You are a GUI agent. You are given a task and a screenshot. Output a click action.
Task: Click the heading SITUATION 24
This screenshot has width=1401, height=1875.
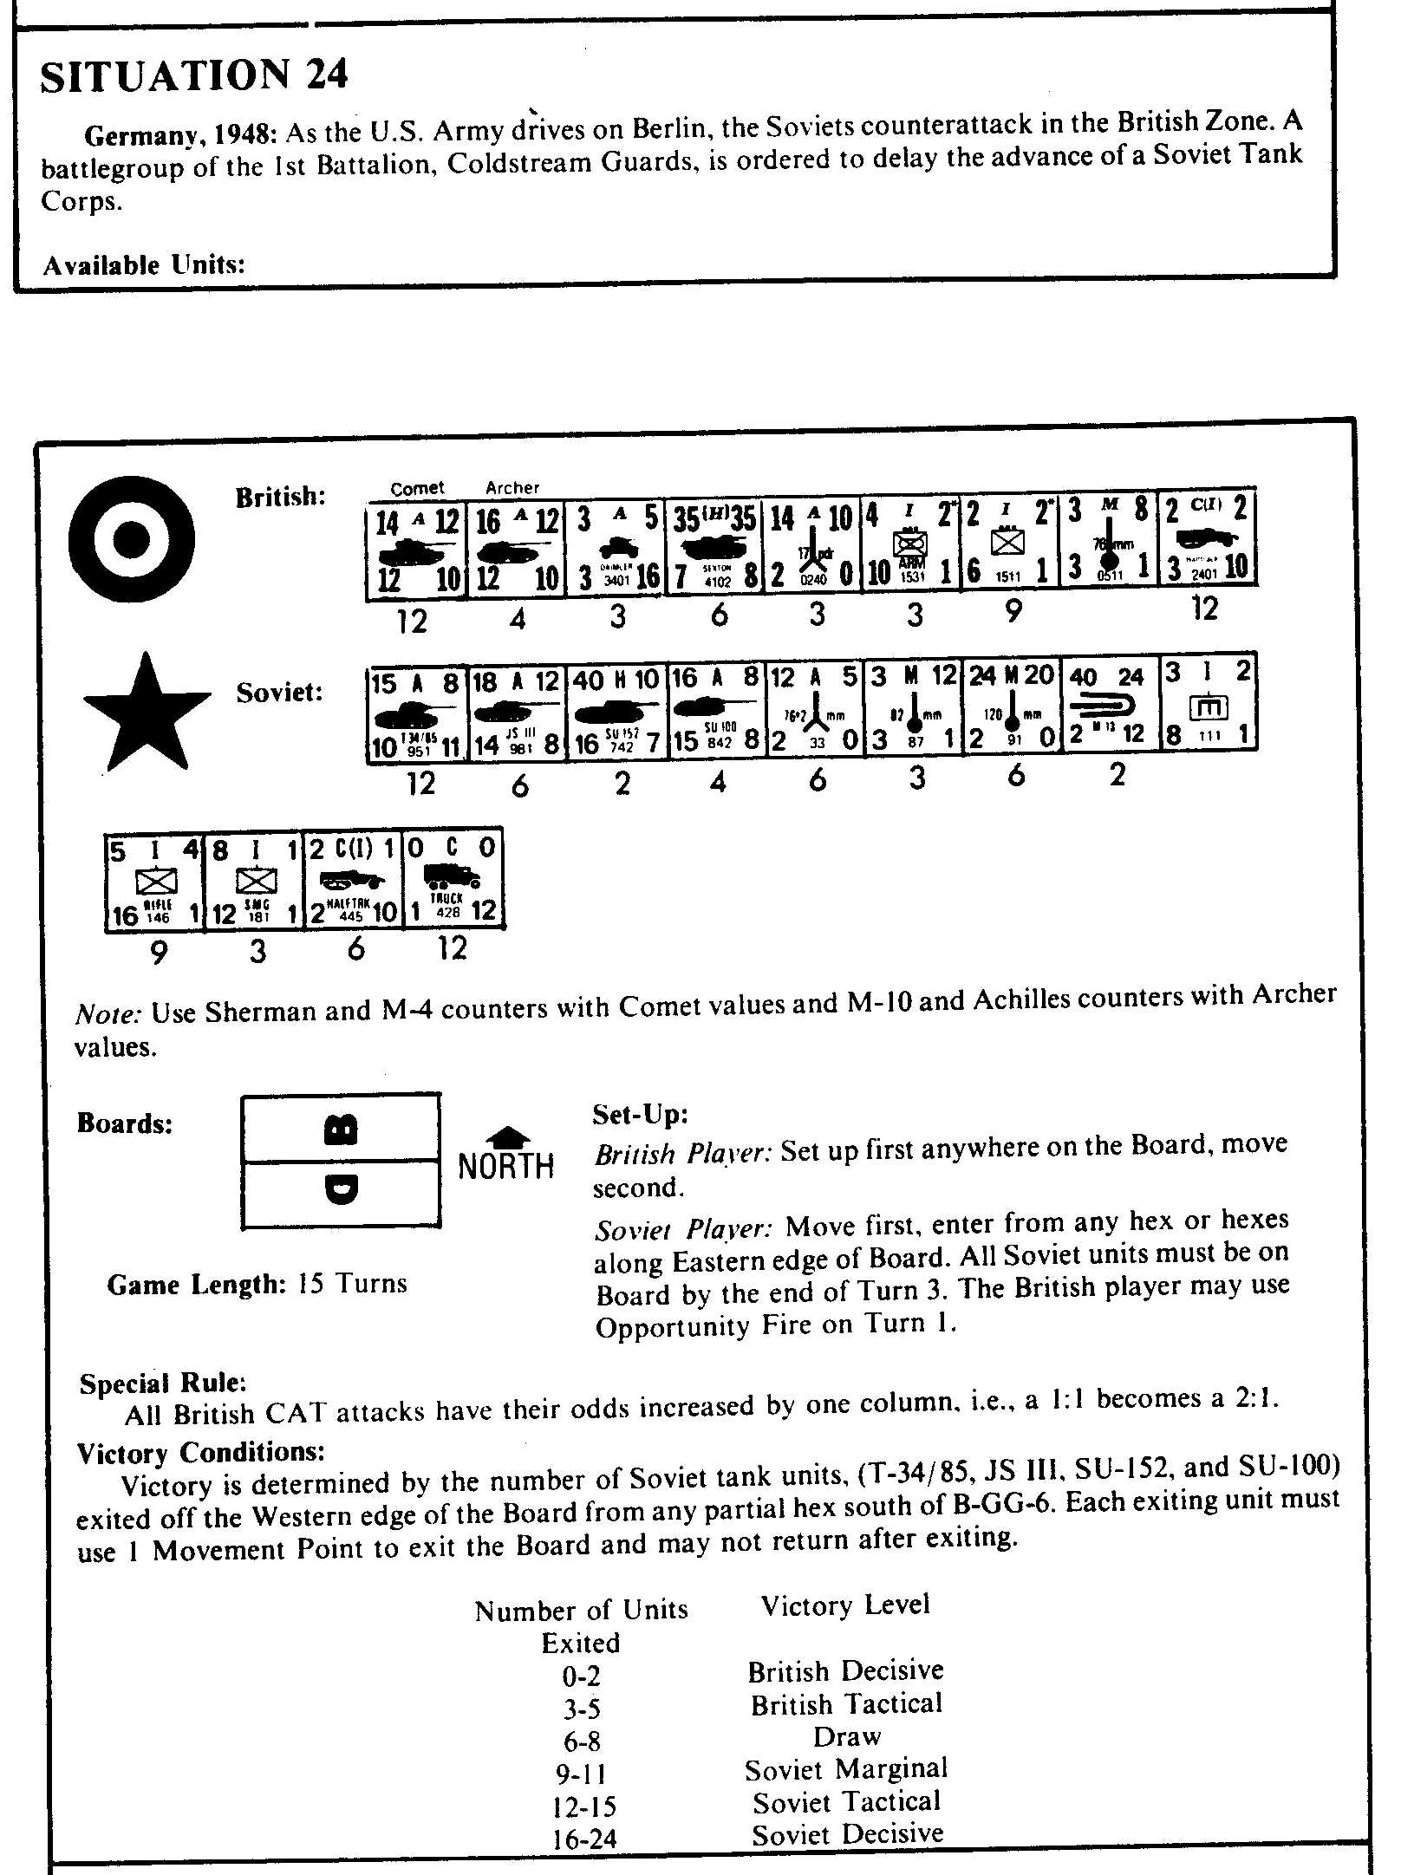pos(194,75)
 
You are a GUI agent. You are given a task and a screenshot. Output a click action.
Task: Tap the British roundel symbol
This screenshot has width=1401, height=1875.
pos(132,539)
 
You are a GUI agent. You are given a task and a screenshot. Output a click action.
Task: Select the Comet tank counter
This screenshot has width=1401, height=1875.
pos(416,550)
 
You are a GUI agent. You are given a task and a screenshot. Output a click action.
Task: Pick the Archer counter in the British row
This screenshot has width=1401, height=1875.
pos(516,550)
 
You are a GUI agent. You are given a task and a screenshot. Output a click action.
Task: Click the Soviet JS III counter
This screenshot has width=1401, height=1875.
pos(518,713)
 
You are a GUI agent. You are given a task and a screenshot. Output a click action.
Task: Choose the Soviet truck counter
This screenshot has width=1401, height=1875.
pos(453,881)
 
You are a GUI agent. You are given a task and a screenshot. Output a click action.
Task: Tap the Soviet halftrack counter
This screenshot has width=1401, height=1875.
pos(354,881)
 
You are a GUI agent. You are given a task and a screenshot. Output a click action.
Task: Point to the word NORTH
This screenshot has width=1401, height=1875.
pos(505,1167)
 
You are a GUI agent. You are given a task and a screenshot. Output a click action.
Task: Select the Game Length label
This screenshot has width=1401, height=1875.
pos(196,1284)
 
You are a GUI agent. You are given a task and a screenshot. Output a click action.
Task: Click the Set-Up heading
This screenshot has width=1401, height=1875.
pos(640,1114)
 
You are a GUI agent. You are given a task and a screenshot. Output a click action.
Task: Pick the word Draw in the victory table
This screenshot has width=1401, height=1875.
pos(846,1736)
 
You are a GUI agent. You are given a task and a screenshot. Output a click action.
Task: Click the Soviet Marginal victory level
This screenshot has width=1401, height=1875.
pos(845,1768)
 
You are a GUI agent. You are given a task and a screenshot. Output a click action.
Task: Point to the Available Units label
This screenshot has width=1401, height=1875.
pos(144,264)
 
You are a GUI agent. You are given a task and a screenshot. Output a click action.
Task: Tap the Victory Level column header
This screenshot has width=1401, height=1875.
pos(844,1605)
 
